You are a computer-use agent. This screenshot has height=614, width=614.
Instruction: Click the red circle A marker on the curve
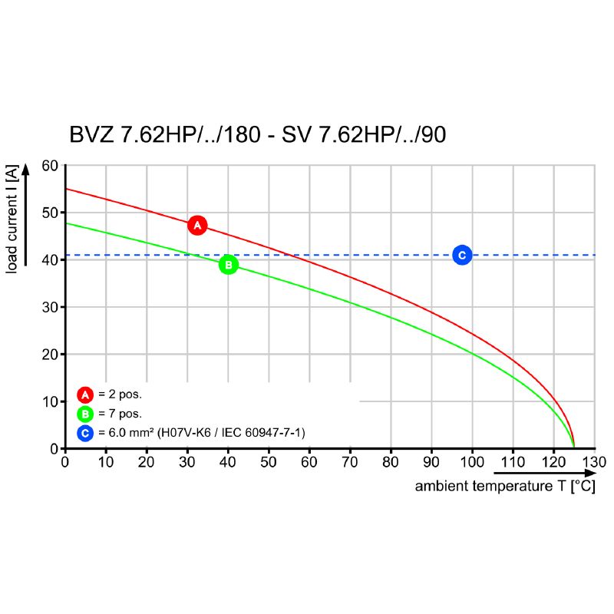pos(197,225)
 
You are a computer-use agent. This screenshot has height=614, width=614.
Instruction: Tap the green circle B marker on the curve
pos(228,265)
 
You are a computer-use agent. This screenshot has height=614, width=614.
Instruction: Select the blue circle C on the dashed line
pos(461,255)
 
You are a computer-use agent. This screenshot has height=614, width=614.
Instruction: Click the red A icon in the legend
pos(85,395)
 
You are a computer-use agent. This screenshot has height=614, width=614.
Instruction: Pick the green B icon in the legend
pos(85,414)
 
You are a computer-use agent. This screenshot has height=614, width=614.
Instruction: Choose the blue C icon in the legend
pos(85,434)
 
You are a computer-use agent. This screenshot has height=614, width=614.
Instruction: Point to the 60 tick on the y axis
pos(50,165)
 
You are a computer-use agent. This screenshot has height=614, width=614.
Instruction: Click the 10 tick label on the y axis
pos(50,401)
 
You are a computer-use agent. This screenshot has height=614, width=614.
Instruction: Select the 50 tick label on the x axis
pos(269,462)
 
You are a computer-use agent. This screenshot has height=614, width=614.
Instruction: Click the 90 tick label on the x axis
pos(432,462)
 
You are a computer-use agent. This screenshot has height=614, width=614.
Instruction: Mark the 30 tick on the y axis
pos(50,307)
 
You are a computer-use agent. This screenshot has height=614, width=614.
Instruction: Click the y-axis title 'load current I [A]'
pos(12,220)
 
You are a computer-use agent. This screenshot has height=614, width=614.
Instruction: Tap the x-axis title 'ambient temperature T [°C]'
pos(505,487)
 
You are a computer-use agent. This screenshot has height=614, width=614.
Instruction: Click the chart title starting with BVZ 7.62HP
pos(258,135)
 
